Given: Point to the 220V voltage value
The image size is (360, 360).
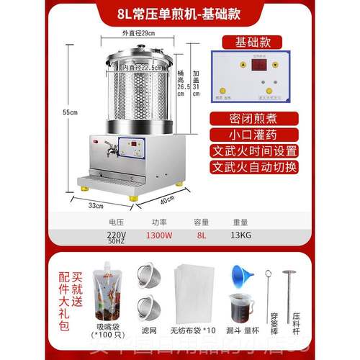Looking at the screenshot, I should tap(115, 233).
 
